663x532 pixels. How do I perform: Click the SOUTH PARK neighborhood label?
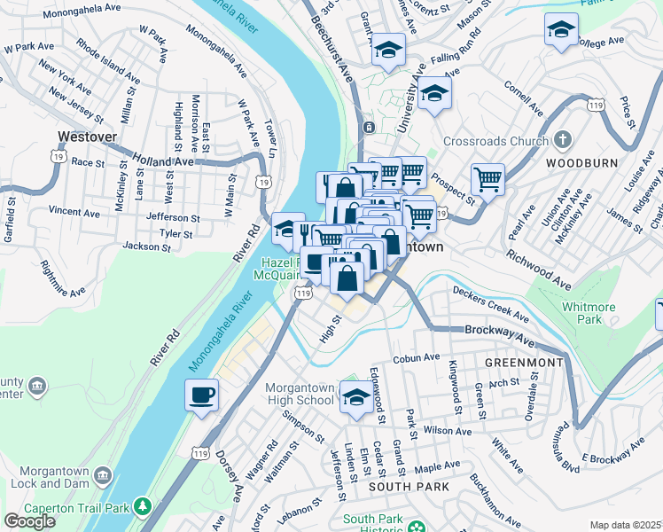(x=408, y=488)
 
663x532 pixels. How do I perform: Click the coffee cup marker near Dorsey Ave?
(x=202, y=395)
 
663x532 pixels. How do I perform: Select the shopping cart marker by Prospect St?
(x=487, y=179)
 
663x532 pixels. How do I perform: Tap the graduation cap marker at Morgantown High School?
(x=356, y=400)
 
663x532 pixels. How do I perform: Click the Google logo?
(x=29, y=521)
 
